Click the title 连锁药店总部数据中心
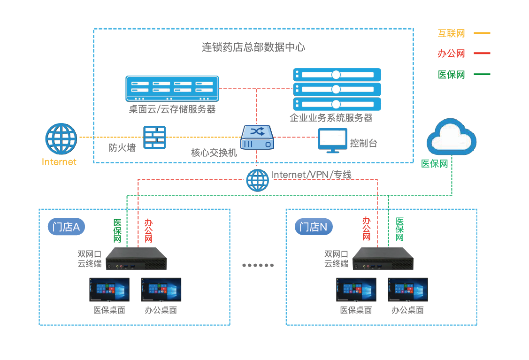click(x=253, y=47)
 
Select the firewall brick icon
click(x=154, y=138)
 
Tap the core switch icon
click(x=257, y=138)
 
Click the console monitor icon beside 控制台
click(x=333, y=140)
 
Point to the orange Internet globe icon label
click(x=59, y=162)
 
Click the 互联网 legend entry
click(x=451, y=34)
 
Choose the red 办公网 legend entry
click(x=451, y=54)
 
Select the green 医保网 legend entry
click(x=451, y=74)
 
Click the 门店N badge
click(x=314, y=228)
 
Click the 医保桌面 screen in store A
click(x=109, y=290)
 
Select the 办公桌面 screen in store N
click(x=407, y=290)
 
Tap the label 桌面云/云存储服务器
click(x=172, y=109)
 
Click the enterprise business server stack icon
click(x=337, y=89)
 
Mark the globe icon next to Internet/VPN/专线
click(x=257, y=179)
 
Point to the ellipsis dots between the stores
click(x=258, y=265)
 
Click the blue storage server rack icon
click(x=172, y=89)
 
